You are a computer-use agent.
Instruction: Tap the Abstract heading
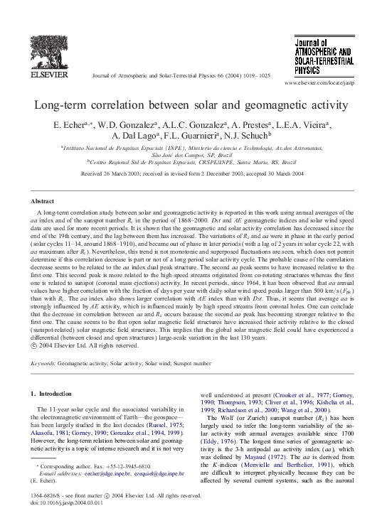click(x=44, y=202)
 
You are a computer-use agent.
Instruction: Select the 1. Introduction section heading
click(x=52, y=393)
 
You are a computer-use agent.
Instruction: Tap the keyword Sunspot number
click(x=190, y=363)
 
